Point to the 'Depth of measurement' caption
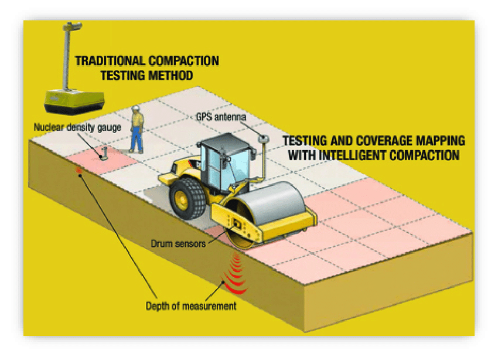190,305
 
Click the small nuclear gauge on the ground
103,154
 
